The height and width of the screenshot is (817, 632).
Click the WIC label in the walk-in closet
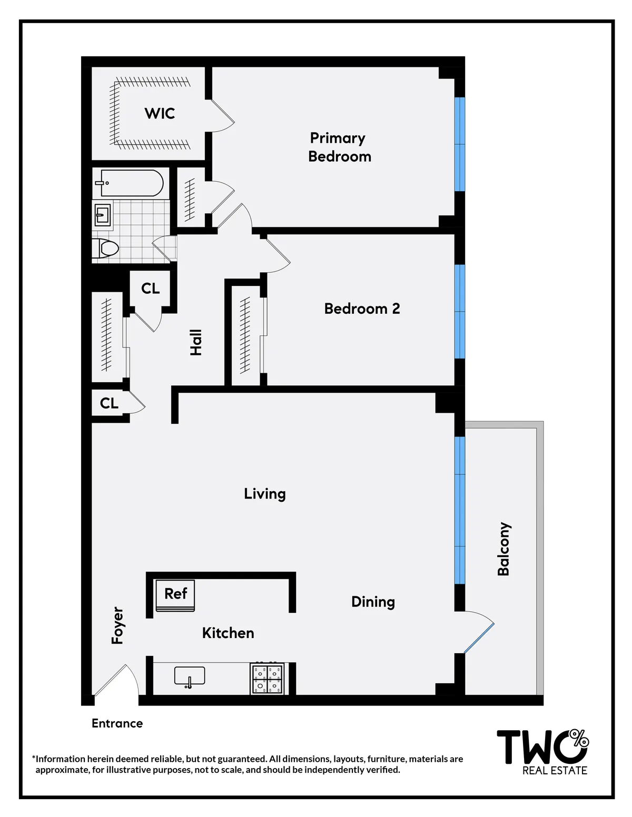[160, 113]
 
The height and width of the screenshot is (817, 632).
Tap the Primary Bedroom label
[339, 147]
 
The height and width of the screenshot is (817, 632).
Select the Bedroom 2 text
[362, 308]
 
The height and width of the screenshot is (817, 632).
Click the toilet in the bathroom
[107, 247]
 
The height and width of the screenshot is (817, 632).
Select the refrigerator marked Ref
[175, 595]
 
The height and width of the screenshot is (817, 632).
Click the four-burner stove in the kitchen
[267, 679]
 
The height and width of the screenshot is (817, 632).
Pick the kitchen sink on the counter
[190, 676]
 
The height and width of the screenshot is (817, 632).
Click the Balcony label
[504, 549]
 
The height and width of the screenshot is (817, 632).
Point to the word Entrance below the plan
[117, 723]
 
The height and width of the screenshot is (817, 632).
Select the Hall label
[196, 342]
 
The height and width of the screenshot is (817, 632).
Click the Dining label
[373, 602]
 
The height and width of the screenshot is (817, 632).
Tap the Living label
[264, 494]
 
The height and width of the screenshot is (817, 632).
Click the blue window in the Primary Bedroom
[460, 144]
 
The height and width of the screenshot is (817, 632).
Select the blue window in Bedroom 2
[460, 312]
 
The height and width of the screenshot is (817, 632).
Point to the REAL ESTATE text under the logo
[555, 771]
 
